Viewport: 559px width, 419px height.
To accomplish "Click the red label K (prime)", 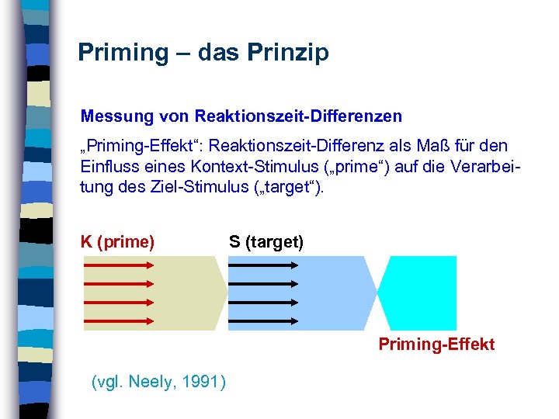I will tap(118, 242).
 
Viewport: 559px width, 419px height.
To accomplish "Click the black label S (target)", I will tap(266, 242).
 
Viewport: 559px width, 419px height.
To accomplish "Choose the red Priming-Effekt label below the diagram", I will tap(436, 345).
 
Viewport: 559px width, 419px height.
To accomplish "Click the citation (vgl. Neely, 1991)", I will tap(159, 382).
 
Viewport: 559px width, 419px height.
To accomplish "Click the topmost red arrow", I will tap(120, 265).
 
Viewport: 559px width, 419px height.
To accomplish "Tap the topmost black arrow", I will tap(264, 265).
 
